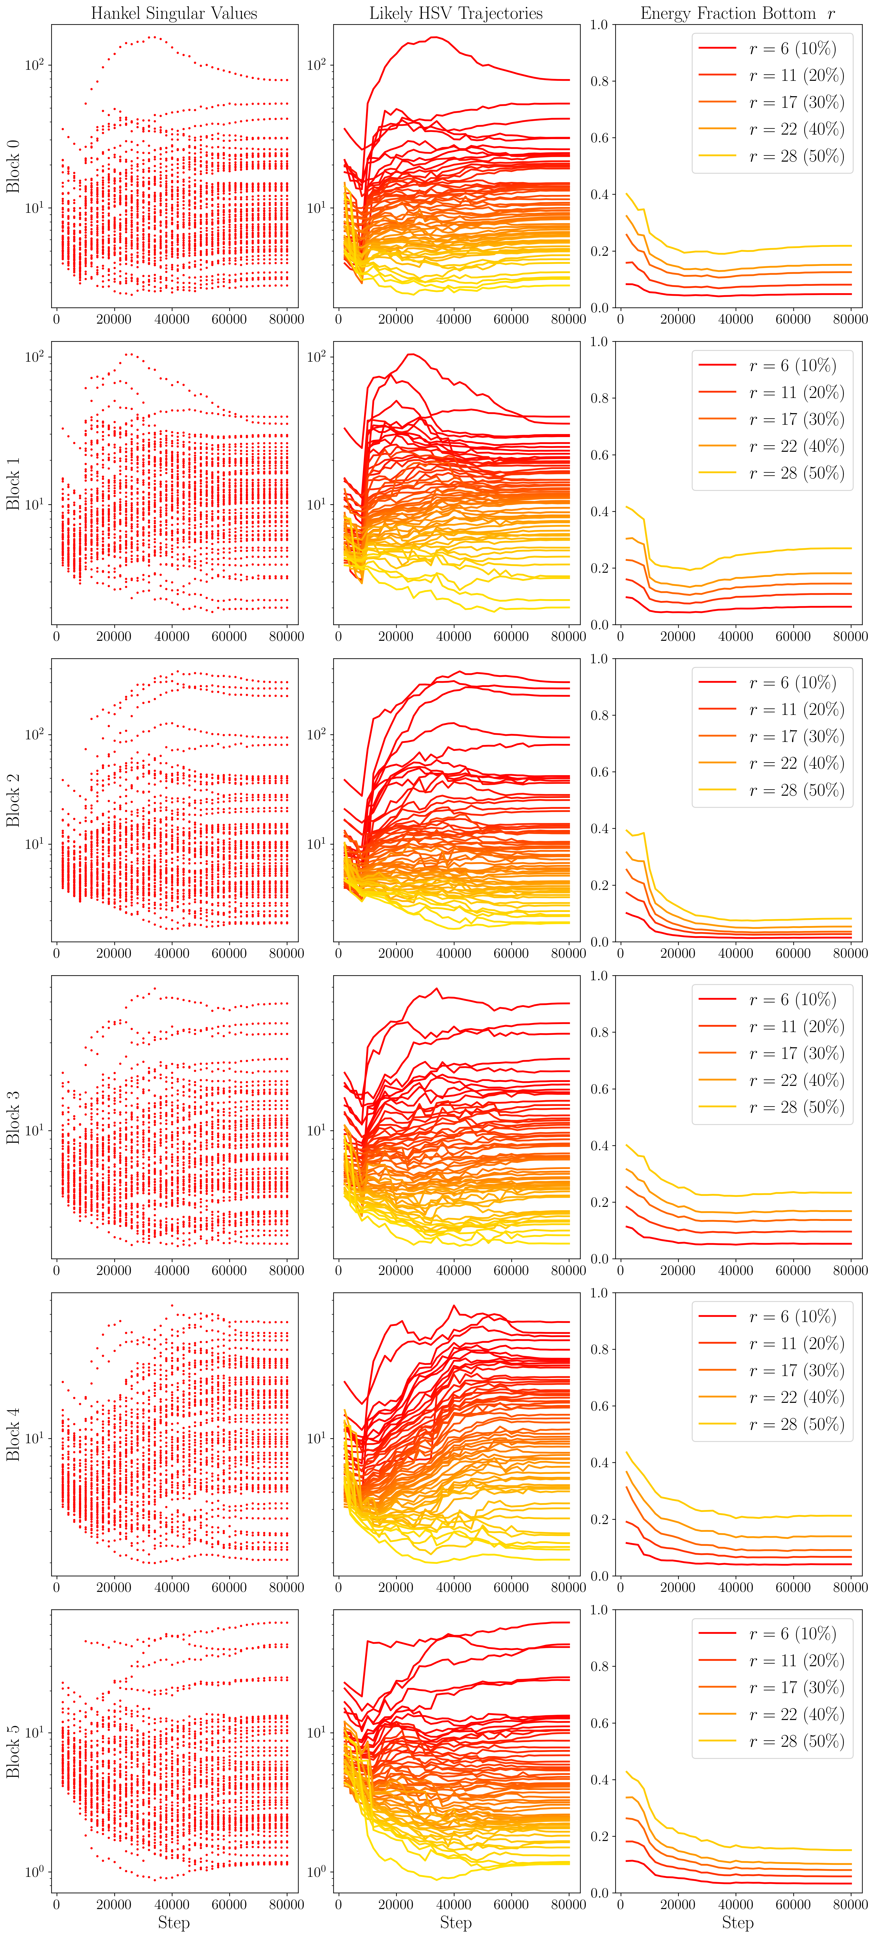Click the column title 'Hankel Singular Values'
pyautogui.click(x=174, y=14)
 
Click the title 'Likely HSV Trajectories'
pyautogui.click(x=456, y=14)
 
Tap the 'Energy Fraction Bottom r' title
pyautogui.click(x=737, y=14)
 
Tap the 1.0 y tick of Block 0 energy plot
pyautogui.click(x=599, y=25)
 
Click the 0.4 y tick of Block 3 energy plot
pyautogui.click(x=599, y=1146)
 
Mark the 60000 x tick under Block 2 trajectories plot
pyautogui.click(x=511, y=953)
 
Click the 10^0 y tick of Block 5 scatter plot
pyautogui.click(x=34, y=1872)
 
